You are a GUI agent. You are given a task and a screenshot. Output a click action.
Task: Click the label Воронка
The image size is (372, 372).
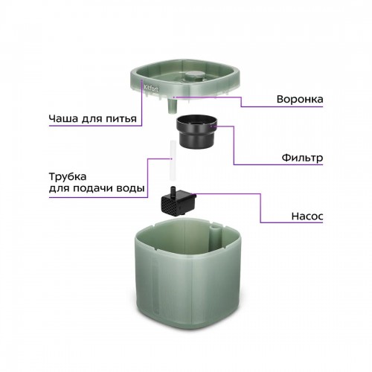pos(300,99)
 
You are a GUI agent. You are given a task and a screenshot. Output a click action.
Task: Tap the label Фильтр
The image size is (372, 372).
pos(302,158)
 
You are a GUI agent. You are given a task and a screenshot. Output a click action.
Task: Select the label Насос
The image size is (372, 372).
pos(307,217)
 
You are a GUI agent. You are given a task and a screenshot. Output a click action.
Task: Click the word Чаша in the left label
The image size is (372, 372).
pos(63,118)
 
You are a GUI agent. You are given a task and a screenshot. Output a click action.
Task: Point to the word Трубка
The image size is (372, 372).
pos(68,177)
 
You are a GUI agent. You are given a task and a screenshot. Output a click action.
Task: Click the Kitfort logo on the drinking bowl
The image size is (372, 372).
pos(151,88)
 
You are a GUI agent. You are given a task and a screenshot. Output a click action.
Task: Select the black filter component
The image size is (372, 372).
pos(196,132)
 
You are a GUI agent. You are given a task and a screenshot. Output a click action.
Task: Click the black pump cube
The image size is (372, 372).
pos(179,202)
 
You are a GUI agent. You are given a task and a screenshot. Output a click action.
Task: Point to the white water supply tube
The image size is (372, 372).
pos(173,161)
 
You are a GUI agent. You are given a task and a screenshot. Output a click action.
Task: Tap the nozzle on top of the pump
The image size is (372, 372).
pos(173,191)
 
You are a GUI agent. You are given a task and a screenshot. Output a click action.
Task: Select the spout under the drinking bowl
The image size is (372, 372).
pos(172,106)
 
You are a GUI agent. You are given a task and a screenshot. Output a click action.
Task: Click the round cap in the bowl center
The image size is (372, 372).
pos(194,76)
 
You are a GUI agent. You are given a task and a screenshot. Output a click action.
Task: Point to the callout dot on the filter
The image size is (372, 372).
pos(211,126)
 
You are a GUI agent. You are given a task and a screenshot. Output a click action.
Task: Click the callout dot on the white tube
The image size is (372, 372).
pos(171,158)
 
